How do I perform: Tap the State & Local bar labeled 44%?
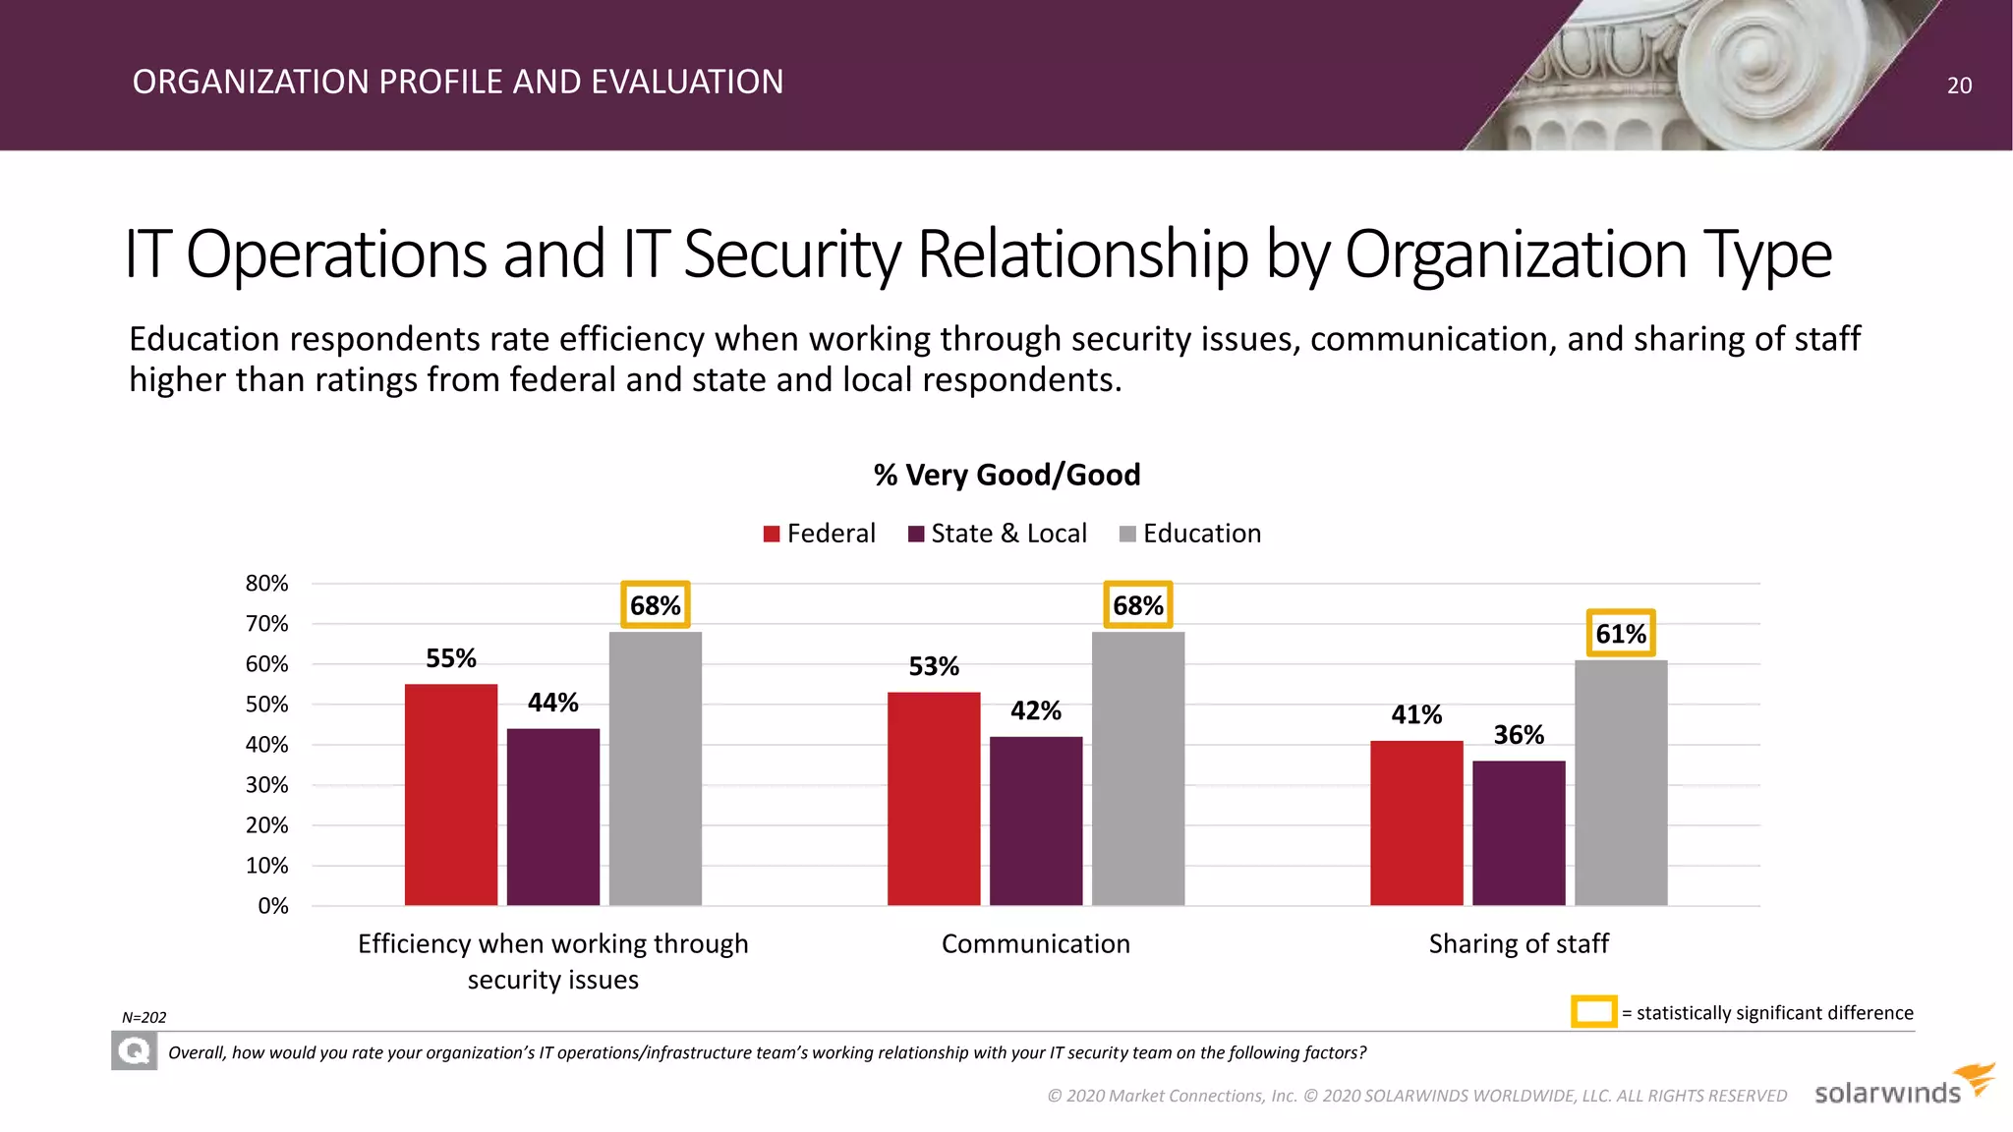(553, 817)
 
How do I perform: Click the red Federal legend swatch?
(772, 534)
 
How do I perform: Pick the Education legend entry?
(1190, 534)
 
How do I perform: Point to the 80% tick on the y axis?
(266, 584)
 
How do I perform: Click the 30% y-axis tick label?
(266, 785)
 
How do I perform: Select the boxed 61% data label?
(1621, 634)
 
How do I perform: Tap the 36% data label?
(1519, 735)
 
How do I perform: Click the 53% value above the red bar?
(934, 667)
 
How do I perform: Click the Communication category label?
(1036, 944)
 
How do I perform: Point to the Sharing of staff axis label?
(1519, 944)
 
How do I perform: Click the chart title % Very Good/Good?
(1006, 476)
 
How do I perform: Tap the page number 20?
(1959, 85)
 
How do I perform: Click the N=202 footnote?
(144, 1018)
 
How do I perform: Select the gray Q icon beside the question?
(135, 1052)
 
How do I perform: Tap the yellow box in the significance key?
(1593, 1012)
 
